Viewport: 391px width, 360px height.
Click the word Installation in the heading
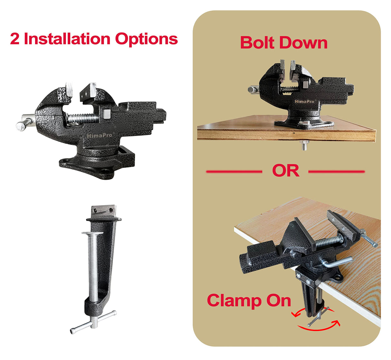coord(67,39)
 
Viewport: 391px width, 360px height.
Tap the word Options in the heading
coord(147,39)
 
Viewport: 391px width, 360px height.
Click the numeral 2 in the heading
coord(14,39)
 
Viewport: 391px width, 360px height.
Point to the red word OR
coord(285,171)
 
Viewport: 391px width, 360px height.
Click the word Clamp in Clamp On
coord(234,300)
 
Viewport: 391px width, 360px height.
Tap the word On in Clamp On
coord(279,300)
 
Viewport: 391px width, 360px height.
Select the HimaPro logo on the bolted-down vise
coord(304,102)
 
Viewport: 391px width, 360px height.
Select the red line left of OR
coord(234,172)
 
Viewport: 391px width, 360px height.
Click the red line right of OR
coord(336,172)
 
